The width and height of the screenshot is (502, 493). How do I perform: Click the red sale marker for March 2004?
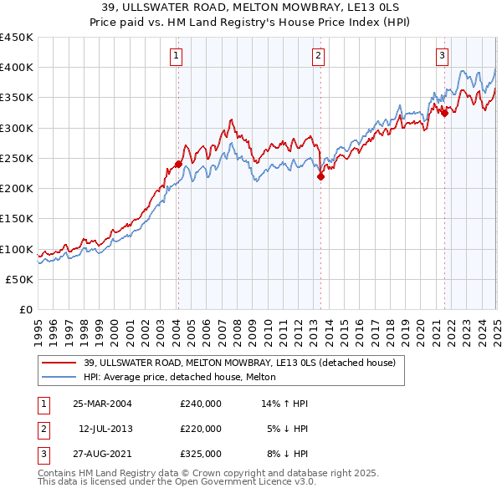point(178,164)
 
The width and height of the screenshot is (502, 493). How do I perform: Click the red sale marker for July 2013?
point(320,176)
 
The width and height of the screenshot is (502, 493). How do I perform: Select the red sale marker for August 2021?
point(444,114)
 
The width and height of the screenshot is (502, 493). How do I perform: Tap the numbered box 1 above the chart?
point(177,56)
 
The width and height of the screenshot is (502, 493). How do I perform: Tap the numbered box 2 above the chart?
point(319,56)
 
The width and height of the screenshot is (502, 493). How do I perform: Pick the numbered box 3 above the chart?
point(442,56)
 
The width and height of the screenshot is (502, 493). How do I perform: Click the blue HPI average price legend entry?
point(185,378)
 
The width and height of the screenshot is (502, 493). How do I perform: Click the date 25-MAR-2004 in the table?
point(103,404)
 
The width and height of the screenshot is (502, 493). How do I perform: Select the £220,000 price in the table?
point(200,429)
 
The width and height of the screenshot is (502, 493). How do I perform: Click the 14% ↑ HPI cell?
point(285,404)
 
